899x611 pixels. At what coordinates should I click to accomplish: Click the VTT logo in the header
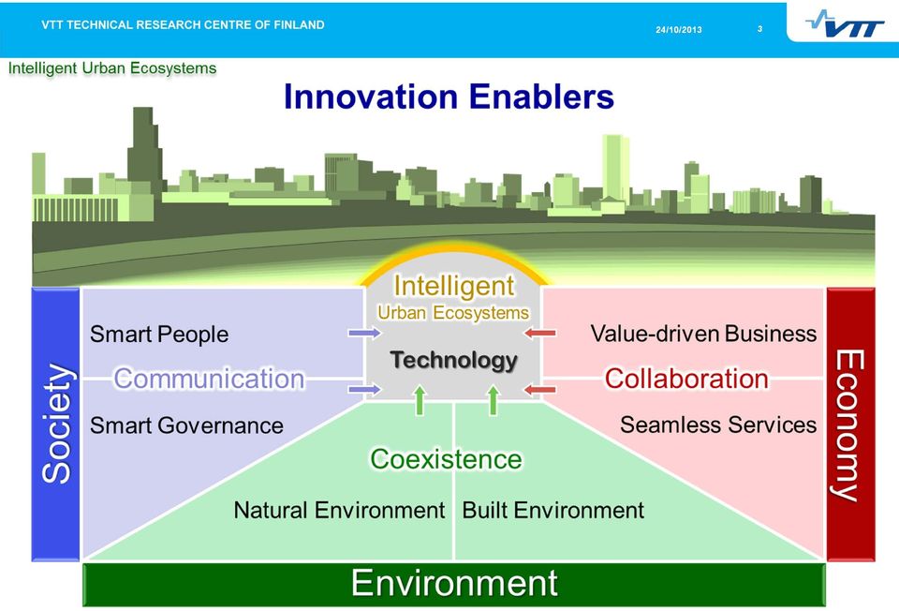pyautogui.click(x=845, y=24)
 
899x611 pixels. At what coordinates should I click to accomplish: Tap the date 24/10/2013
pyautogui.click(x=679, y=30)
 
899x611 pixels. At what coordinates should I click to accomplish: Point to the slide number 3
pyautogui.click(x=759, y=29)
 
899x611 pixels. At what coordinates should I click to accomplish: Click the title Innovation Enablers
pyautogui.click(x=449, y=96)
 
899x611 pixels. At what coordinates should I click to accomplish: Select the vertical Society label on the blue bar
pyautogui.click(x=57, y=424)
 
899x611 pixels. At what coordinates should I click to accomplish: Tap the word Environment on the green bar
pyautogui.click(x=454, y=583)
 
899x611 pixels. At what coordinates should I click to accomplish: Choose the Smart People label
pyautogui.click(x=159, y=335)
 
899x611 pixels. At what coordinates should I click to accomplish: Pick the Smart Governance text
pyautogui.click(x=187, y=425)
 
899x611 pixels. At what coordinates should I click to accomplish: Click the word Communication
pyautogui.click(x=209, y=379)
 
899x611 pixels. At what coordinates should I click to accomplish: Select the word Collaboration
pyautogui.click(x=686, y=379)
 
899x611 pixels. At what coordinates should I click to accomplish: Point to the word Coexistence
pyautogui.click(x=446, y=459)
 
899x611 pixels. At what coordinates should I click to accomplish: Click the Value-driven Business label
pyautogui.click(x=703, y=334)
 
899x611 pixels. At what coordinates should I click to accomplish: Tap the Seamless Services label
pyautogui.click(x=718, y=425)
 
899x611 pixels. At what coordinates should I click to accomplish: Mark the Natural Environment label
pyautogui.click(x=339, y=510)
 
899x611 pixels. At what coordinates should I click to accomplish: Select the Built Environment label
pyautogui.click(x=553, y=510)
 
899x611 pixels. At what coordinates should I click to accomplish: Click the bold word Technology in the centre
pyautogui.click(x=454, y=360)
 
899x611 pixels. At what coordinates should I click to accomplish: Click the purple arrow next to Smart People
pyautogui.click(x=364, y=333)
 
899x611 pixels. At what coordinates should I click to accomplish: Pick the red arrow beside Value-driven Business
pyautogui.click(x=540, y=333)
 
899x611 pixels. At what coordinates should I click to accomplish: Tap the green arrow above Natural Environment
pyautogui.click(x=420, y=400)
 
